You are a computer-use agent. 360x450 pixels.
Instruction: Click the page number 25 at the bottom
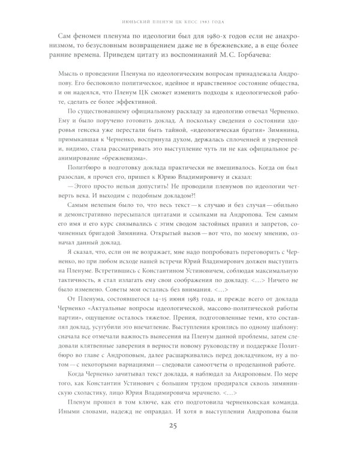pos(179,427)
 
